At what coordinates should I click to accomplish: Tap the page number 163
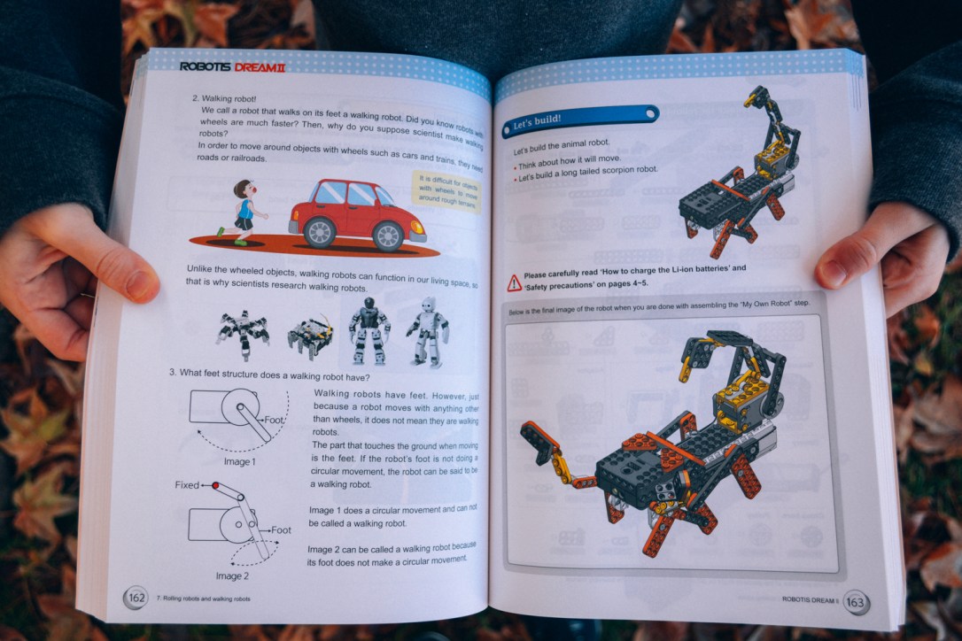click(856, 602)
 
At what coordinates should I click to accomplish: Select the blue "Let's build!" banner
click(580, 120)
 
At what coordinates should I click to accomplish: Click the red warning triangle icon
click(515, 283)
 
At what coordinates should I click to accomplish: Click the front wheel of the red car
click(388, 235)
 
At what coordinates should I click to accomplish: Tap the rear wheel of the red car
click(318, 232)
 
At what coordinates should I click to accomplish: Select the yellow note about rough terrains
click(447, 191)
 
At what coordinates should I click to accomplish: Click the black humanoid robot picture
click(369, 330)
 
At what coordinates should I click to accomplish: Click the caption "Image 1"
click(238, 461)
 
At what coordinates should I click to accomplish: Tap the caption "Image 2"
click(232, 576)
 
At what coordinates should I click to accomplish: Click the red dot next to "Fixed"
click(214, 485)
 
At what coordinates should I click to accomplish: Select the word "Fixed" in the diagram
click(188, 485)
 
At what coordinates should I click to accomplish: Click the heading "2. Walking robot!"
click(224, 98)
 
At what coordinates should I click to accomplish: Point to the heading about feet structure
click(269, 374)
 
